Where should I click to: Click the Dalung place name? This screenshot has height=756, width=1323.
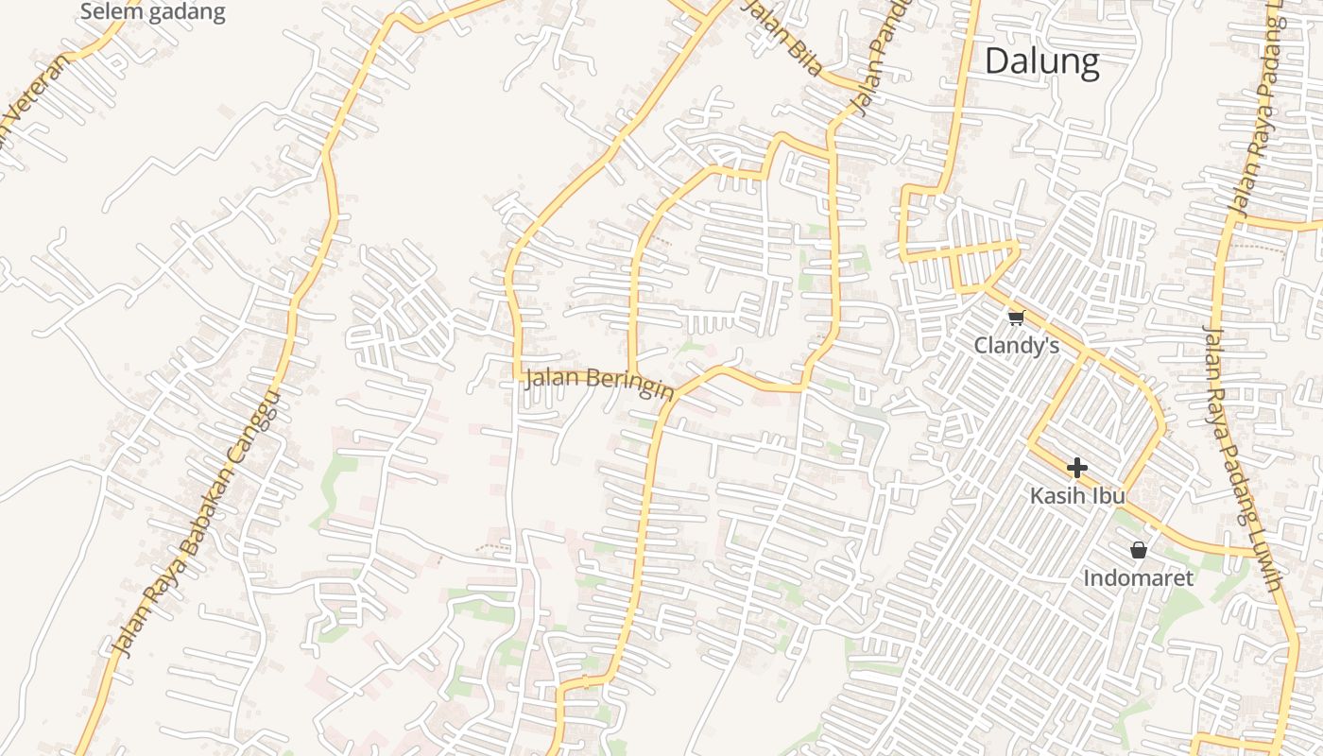pyautogui.click(x=1041, y=61)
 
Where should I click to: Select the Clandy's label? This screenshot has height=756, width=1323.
pyautogui.click(x=1016, y=346)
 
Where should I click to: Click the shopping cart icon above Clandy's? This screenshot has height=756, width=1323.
pyautogui.click(x=1016, y=318)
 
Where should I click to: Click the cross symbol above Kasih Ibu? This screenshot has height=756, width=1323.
pyautogui.click(x=1076, y=467)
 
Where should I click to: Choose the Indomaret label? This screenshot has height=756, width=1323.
pyautogui.click(x=1138, y=577)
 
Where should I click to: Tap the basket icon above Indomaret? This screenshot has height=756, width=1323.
pyautogui.click(x=1139, y=549)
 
